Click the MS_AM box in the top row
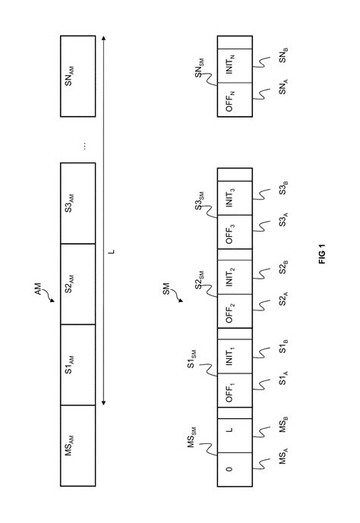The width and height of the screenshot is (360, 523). pos(77,446)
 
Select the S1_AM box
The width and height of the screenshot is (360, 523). pos(77,364)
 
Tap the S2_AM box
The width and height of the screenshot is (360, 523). pos(77,284)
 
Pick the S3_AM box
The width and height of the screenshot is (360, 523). pos(77,203)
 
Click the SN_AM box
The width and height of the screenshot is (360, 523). pos(77,76)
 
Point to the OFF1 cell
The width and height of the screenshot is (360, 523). pos(235,390)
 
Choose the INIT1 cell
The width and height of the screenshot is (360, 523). pos(235,356)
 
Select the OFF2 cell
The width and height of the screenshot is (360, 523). pos(235,311)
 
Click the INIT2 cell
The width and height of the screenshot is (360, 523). pos(235,277)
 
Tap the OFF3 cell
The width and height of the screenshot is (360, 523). pos(235,232)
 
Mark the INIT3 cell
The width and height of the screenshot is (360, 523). pos(235,198)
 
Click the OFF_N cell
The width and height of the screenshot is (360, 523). pos(235,99)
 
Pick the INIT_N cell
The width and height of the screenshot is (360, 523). pos(235,66)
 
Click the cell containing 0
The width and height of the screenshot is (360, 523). pos(235,469)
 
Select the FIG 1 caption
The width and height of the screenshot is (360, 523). pos(322,254)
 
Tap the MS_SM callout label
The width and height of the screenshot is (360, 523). pos(192,437)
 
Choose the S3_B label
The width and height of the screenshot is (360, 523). pos(283,188)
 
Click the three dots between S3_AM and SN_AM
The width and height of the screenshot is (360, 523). pos(85,146)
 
